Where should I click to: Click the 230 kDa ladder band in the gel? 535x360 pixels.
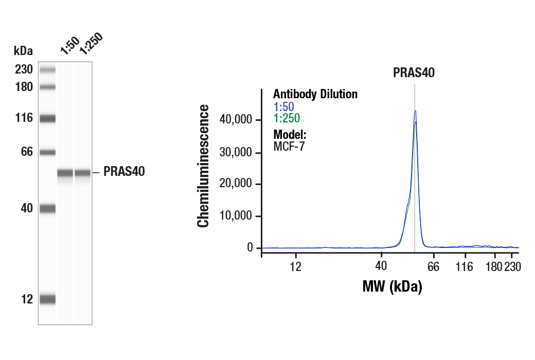coord(47,70)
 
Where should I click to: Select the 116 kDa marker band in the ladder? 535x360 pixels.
coord(47,119)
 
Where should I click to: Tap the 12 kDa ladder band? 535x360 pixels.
coord(47,299)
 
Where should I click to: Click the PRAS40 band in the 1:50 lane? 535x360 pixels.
coord(65,173)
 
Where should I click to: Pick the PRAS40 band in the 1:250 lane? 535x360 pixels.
coord(83,173)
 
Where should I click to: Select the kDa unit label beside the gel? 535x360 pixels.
coord(23,51)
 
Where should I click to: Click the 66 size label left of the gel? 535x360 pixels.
coord(27,152)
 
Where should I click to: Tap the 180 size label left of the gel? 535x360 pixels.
coord(24,87)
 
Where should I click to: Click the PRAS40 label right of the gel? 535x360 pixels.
coord(124,172)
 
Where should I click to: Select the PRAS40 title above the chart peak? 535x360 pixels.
coord(414,73)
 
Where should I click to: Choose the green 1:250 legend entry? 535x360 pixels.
coord(286,119)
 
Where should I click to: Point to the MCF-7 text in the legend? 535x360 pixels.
coord(289,146)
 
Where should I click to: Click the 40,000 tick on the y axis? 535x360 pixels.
coord(236,120)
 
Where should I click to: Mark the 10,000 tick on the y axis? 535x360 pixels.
coord(236,216)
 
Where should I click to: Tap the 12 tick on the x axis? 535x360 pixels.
coord(296,266)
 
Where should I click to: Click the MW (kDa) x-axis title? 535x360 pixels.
coord(392,286)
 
